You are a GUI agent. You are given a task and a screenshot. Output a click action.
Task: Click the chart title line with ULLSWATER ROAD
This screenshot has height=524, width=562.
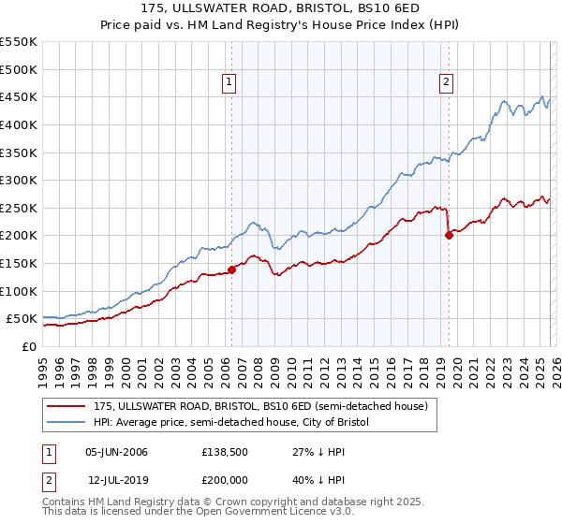point(281,8)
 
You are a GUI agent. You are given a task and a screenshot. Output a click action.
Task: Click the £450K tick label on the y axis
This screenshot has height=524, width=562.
point(19,96)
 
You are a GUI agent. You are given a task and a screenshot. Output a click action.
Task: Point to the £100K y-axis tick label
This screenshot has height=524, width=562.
point(19,291)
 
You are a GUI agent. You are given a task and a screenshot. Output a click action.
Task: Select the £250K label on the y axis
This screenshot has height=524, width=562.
point(19,208)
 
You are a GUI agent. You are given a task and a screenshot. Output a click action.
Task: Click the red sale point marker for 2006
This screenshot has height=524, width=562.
point(231,270)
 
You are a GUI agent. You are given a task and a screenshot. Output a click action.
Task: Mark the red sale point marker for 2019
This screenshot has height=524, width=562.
point(449,236)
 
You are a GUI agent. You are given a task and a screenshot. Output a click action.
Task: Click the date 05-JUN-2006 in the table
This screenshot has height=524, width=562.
point(116,452)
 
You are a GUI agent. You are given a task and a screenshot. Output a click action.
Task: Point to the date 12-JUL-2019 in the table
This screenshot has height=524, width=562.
point(116,480)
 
